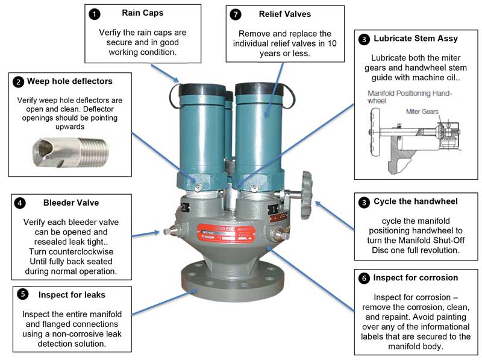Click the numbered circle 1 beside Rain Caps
coord(93,13)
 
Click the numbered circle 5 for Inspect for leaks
coord(22,294)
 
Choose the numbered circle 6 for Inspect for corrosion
coord(363,279)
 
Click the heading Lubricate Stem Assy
coord(416,39)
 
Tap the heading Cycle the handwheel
coord(416,201)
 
